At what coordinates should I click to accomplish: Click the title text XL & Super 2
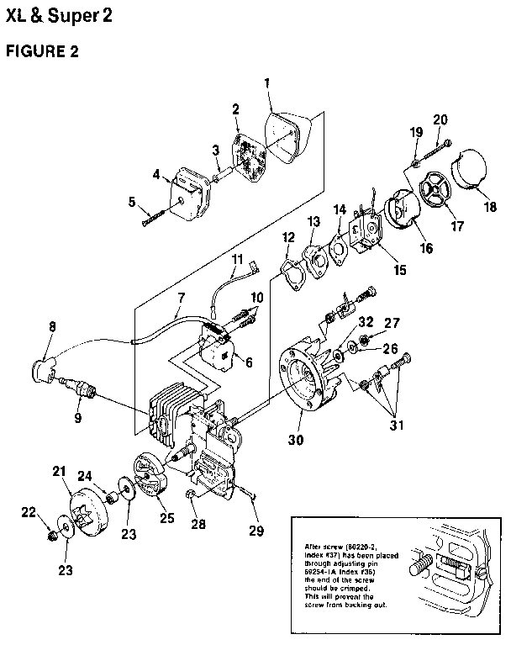pos(58,15)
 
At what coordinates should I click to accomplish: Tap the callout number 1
pos(267,83)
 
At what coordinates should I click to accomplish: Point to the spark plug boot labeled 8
pos(43,367)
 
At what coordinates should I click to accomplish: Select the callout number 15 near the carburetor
pos(399,270)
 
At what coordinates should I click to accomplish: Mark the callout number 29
pos(255,530)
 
